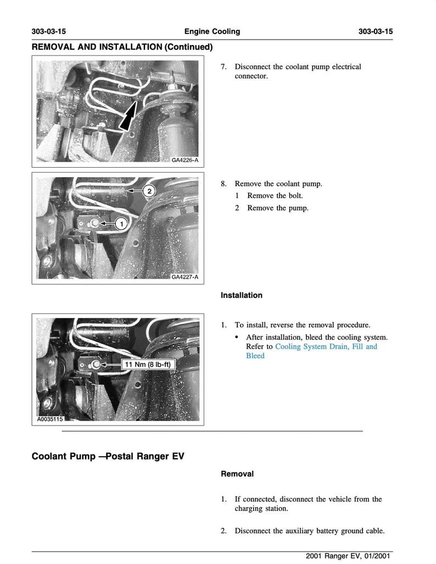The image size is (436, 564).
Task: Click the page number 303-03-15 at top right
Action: (x=376, y=31)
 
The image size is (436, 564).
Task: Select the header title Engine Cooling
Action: (x=212, y=31)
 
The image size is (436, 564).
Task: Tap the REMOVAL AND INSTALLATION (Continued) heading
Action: (x=122, y=47)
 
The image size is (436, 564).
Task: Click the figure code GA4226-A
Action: (x=185, y=161)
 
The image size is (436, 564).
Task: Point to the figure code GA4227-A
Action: (x=185, y=277)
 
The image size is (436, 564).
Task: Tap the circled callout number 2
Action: (x=149, y=191)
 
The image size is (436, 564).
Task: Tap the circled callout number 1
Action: (x=121, y=223)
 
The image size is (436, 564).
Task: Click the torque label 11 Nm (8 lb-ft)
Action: (x=147, y=364)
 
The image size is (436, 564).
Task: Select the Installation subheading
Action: (x=241, y=295)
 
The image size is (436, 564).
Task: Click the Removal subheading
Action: (x=237, y=473)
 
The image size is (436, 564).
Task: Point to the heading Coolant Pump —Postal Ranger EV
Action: (x=108, y=456)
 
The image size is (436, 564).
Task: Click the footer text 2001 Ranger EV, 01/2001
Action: (x=349, y=556)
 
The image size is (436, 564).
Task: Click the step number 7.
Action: (x=223, y=67)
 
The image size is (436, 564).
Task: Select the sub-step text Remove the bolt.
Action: (x=275, y=196)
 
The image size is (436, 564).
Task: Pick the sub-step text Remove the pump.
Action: (x=277, y=208)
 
